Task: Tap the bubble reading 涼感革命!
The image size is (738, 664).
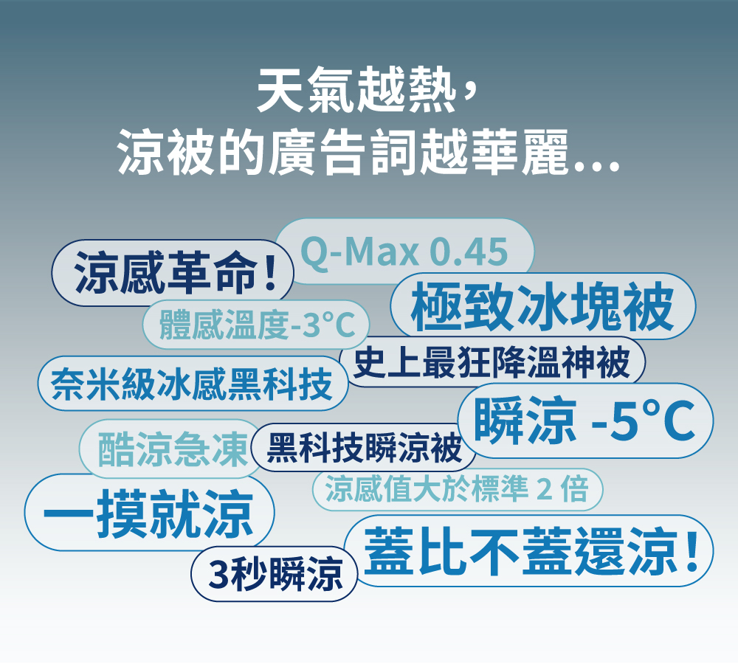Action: coord(172,272)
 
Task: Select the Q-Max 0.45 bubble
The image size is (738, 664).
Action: coord(404,251)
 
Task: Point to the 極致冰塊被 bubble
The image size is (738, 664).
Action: coord(542,306)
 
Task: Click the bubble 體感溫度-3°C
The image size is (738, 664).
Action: coord(256,324)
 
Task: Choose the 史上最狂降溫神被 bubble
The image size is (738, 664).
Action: coord(492,362)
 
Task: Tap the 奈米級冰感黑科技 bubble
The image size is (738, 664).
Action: coord(193,384)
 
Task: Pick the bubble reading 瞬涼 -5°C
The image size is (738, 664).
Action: coord(585,421)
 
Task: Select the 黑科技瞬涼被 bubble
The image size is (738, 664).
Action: coord(363,448)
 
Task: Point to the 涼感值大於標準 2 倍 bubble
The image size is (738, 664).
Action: coord(457,489)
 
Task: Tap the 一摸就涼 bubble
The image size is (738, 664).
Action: coord(149,513)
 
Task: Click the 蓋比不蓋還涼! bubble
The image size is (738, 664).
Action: coord(529,550)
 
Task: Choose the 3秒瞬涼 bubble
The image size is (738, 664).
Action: coord(275,574)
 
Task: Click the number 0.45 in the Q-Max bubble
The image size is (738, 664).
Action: coord(469,252)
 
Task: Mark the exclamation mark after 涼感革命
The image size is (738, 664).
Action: coord(271,272)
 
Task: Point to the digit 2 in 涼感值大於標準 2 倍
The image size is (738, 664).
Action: coord(544,489)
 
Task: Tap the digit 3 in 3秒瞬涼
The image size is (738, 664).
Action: coord(218,574)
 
